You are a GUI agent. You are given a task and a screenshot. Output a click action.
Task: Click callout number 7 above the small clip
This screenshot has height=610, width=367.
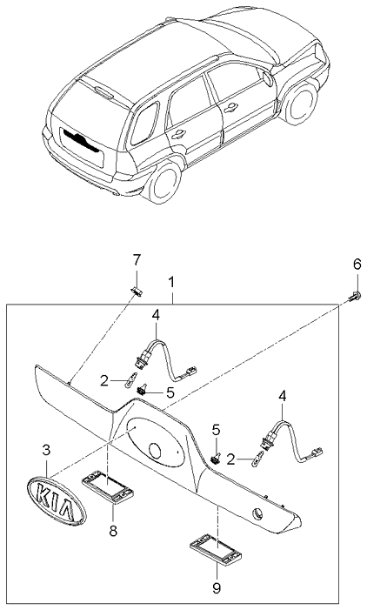(135, 261)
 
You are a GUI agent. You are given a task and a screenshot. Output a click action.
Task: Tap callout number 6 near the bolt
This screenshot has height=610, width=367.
(356, 265)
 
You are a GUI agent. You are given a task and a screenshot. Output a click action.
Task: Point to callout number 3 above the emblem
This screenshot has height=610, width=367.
(47, 451)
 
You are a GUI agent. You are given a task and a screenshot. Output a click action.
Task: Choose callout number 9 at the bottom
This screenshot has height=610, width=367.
(216, 587)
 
